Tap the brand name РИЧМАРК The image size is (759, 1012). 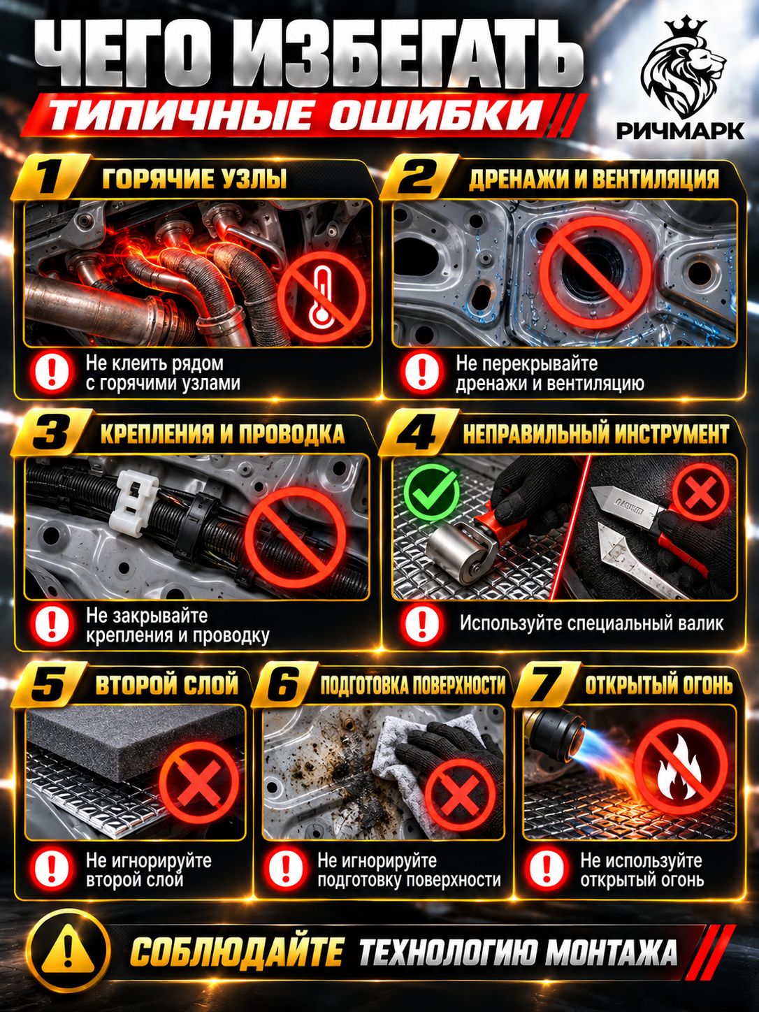(x=680, y=131)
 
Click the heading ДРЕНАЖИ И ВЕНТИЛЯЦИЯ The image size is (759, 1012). (x=593, y=179)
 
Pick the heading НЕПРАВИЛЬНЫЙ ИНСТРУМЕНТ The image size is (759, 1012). (x=595, y=434)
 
